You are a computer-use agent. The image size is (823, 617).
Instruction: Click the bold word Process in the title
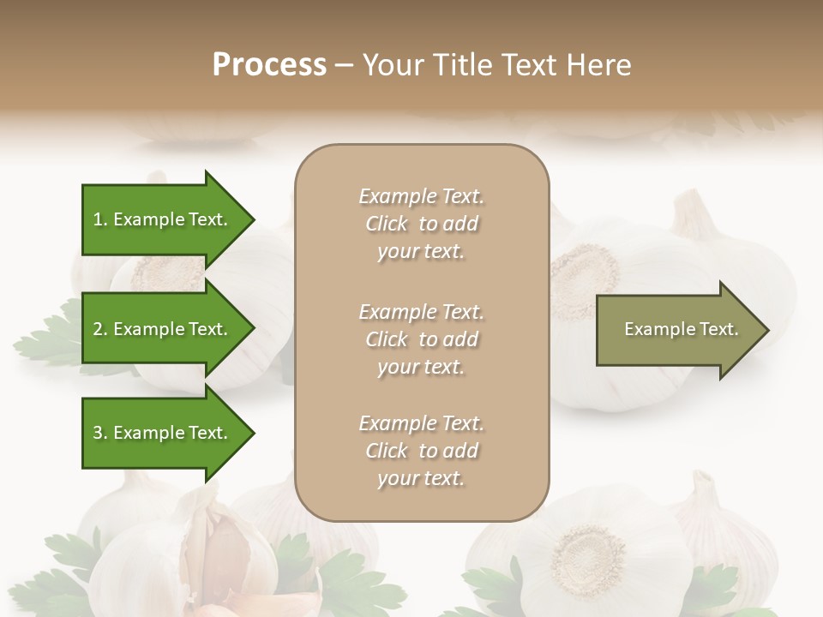click(269, 64)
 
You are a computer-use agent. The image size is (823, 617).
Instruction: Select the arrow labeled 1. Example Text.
click(160, 219)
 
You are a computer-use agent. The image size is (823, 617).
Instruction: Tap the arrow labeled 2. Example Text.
click(160, 329)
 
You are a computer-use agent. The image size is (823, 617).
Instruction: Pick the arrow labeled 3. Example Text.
click(160, 433)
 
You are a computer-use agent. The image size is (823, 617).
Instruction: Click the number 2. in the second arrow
click(100, 329)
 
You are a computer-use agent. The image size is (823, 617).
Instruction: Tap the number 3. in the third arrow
click(100, 433)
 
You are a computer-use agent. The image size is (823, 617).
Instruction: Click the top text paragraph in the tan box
click(421, 224)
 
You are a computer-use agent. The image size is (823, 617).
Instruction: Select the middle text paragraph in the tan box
click(421, 339)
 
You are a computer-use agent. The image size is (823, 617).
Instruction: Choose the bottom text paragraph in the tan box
click(421, 451)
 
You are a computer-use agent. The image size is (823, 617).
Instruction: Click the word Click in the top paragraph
click(387, 224)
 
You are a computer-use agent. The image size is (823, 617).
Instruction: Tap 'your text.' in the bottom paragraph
click(421, 478)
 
